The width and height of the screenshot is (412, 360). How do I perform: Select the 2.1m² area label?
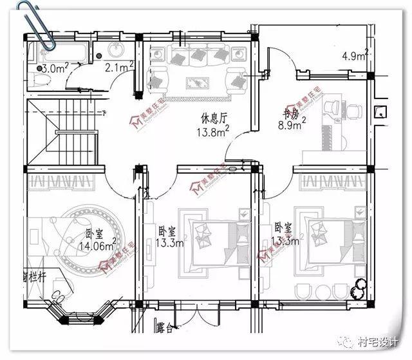click(118, 66)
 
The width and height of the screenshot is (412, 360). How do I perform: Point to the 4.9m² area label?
click(355, 55)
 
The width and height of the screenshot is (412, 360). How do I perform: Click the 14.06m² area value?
click(97, 245)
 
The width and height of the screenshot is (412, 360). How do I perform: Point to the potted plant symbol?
click(357, 289)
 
